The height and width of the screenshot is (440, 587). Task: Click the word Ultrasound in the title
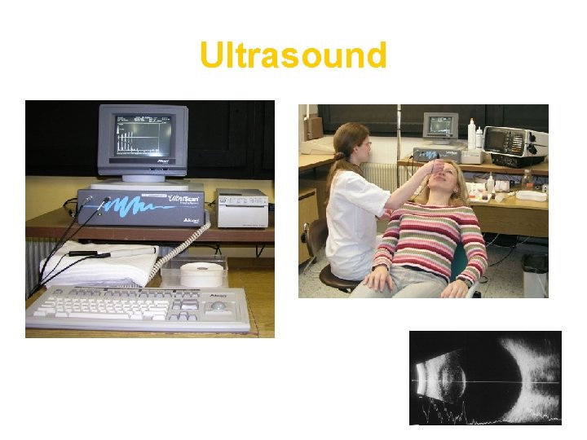point(293,56)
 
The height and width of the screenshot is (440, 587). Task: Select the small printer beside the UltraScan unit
point(242,208)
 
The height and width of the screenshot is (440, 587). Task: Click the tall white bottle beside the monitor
point(471,134)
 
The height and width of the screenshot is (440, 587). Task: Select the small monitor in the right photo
point(440,126)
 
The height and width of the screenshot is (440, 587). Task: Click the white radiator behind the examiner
point(379,175)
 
